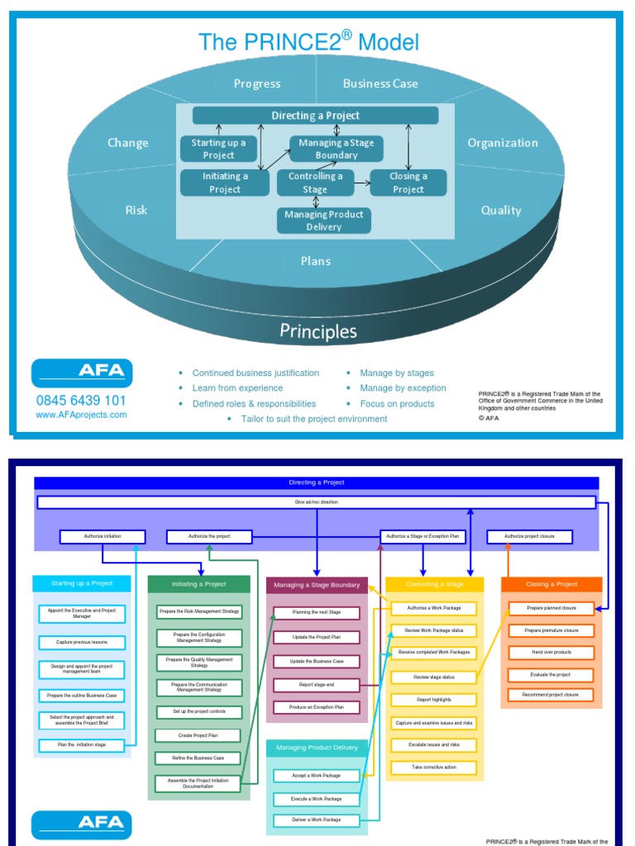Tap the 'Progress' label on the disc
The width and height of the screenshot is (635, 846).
point(257,83)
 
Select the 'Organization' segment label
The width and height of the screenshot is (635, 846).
point(503,143)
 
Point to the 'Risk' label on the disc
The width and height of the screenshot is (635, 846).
point(136,210)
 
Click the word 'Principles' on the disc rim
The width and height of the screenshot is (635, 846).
point(318,331)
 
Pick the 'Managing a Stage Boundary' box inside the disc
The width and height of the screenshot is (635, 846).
point(337,149)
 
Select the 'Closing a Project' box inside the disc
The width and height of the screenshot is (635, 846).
point(408,183)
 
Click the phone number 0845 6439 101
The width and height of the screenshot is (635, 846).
point(81,401)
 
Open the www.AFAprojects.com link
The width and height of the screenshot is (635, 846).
point(81,415)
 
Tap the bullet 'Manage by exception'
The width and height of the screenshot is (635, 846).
point(403,388)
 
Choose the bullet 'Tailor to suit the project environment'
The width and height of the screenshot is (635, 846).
point(314,419)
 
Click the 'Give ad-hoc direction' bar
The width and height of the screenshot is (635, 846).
point(317,501)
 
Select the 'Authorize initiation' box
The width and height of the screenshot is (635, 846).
point(103,537)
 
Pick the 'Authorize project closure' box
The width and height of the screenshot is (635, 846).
point(531,537)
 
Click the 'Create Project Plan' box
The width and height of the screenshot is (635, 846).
point(198,734)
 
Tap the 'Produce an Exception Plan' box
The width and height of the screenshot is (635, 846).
point(317,707)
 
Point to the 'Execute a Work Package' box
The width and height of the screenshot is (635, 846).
point(317,798)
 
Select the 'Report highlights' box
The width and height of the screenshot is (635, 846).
point(434,700)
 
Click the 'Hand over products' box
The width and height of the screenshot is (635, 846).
point(551,652)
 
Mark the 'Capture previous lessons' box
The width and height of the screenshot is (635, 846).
point(82,642)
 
